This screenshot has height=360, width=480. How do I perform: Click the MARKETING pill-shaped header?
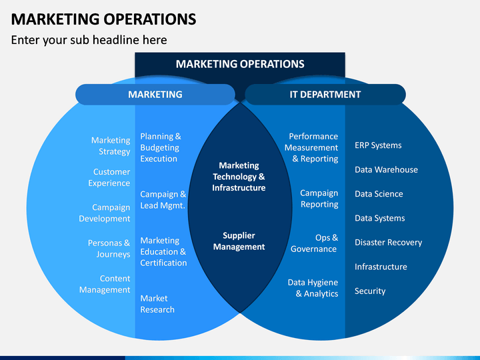pos(155,95)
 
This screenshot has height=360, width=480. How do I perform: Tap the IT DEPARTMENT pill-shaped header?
pos(325,95)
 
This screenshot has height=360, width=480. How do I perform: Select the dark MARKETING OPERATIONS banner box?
pos(240,65)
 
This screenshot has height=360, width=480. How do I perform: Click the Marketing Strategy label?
pos(111,146)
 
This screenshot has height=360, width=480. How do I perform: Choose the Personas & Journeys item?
pos(109,249)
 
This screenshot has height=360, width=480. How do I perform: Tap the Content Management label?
pos(105,284)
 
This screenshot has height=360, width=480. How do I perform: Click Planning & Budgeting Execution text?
pos(160,147)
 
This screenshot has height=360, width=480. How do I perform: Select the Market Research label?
pos(157,304)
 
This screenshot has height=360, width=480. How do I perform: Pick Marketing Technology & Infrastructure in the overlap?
pos(239,177)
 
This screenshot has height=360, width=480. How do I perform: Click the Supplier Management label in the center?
pos(239,241)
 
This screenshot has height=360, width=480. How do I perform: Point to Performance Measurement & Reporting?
pos(312,147)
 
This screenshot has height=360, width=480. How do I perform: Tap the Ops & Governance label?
pos(315,243)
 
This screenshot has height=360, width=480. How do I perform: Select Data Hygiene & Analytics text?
pos(313,288)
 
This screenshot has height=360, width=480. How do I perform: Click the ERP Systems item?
pos(378,145)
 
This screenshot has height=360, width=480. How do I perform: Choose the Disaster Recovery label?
pos(388,243)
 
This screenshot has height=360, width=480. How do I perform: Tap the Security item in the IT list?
pos(370,291)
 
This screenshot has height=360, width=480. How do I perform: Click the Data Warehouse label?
pos(386,170)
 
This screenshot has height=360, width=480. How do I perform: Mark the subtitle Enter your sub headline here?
pos(89,40)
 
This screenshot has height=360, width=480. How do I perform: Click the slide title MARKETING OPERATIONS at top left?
pos(103,19)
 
